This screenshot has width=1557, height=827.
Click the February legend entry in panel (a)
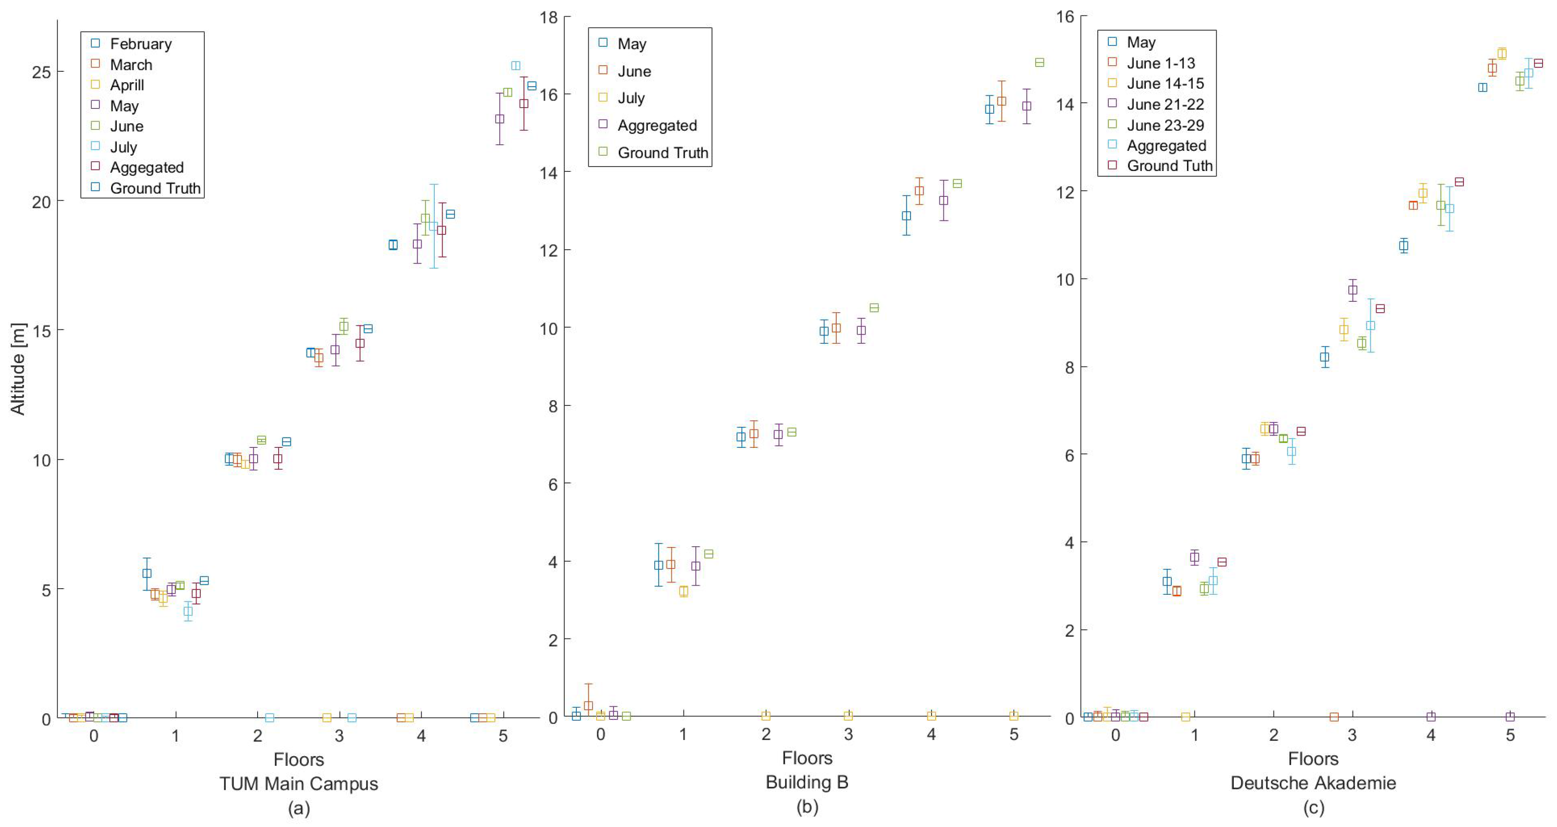[140, 44]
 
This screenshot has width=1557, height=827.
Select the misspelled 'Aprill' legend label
[126, 85]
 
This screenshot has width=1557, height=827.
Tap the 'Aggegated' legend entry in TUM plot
[146, 167]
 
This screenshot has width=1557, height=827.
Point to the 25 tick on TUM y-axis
[41, 72]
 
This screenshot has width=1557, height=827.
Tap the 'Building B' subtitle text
[807, 782]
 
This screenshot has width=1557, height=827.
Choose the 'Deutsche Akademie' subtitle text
[1313, 783]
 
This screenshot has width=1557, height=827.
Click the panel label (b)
[807, 807]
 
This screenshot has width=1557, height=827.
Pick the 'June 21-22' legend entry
[1165, 105]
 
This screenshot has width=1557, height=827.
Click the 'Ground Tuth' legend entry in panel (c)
[1169, 166]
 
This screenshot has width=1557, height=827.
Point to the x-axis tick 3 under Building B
[848, 735]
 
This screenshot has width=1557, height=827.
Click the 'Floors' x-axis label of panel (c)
[1313, 759]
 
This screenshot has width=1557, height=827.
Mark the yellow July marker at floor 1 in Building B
[684, 591]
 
